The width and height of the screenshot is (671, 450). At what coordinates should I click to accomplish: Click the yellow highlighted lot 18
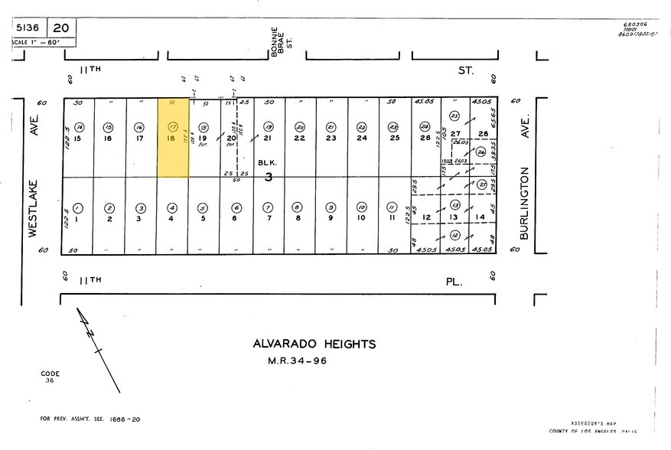pyautogui.click(x=172, y=138)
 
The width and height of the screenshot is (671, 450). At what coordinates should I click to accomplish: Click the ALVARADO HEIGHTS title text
pyautogui.click(x=314, y=344)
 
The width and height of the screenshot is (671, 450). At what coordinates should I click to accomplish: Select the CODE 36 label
pyautogui.click(x=50, y=377)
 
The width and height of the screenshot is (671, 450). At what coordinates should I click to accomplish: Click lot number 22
pyautogui.click(x=300, y=139)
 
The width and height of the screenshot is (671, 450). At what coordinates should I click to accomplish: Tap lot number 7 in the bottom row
pyautogui.click(x=268, y=219)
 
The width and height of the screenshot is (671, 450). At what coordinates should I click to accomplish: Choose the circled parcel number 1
pyautogui.click(x=78, y=208)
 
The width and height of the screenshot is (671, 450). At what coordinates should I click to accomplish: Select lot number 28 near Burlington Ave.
pyautogui.click(x=483, y=135)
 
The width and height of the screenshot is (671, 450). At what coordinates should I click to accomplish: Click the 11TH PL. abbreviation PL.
pyautogui.click(x=454, y=282)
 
